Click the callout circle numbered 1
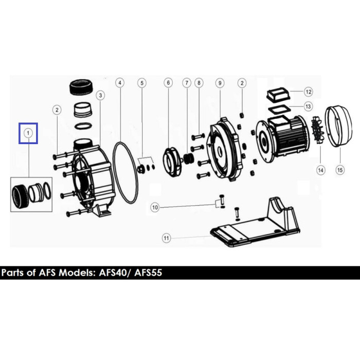coord(28,133)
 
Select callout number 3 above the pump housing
coord(100,95)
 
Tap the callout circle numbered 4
coord(120,83)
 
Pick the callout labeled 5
coord(142,83)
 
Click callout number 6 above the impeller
coord(168,83)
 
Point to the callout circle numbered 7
coord(187,83)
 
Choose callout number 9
coord(220,83)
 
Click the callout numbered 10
coord(155,208)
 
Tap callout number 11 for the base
coord(167,238)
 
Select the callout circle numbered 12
coord(309,92)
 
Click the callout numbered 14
coord(320,170)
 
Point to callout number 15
coord(340,170)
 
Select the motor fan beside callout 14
coord(318,130)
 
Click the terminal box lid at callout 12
coord(278,95)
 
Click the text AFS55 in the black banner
coord(148,273)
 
